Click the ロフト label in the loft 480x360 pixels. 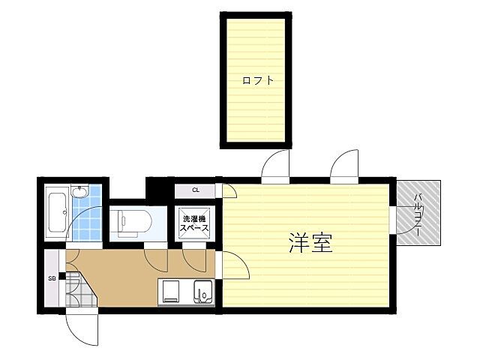pos(257,80)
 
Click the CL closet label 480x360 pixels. pos(195,190)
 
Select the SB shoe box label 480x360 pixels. pos(52,278)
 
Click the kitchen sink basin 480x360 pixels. pos(202,290)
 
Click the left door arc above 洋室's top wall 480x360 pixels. pos(275,165)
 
